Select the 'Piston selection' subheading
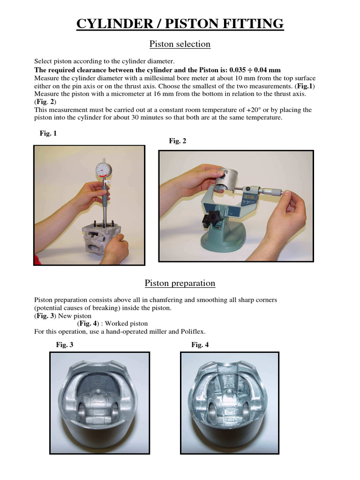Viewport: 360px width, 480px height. pyautogui.click(x=180, y=44)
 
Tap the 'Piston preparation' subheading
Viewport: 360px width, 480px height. pyautogui.click(x=180, y=283)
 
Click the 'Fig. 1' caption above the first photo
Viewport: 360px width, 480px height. pyautogui.click(x=48, y=134)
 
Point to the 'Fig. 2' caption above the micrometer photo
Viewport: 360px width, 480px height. pyautogui.click(x=178, y=141)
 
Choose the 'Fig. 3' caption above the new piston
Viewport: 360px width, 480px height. pyautogui.click(x=65, y=345)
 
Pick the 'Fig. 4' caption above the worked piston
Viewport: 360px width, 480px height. pyautogui.click(x=200, y=345)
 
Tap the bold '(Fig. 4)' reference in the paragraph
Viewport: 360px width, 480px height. pyautogui.click(x=87, y=323)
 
